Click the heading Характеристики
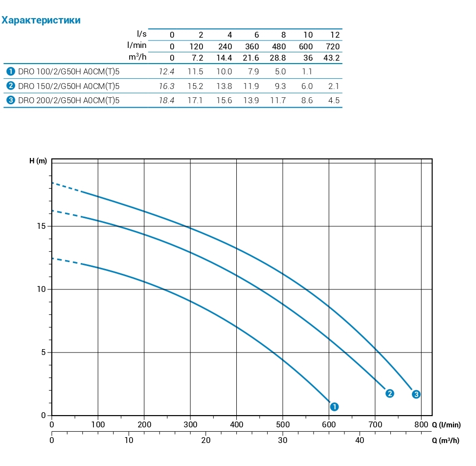pyautogui.click(x=41, y=21)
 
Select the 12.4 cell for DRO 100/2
pyautogui.click(x=167, y=71)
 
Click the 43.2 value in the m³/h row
pyautogui.click(x=332, y=58)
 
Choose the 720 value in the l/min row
pyautogui.click(x=333, y=47)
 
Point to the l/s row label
pyautogui.click(x=141, y=34)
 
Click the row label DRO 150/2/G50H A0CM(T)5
pyautogui.click(x=68, y=86)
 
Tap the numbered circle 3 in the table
pyautogui.click(x=10, y=101)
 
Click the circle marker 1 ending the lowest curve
pyautogui.click(x=335, y=406)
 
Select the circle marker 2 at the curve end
pyautogui.click(x=390, y=393)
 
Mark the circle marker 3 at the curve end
pyautogui.click(x=416, y=394)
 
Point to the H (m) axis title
pyautogui.click(x=38, y=161)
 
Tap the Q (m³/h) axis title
pyautogui.click(x=446, y=440)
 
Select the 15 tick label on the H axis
pyautogui.click(x=42, y=226)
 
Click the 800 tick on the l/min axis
pyautogui.click(x=421, y=425)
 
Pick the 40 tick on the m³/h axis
pyautogui.click(x=360, y=440)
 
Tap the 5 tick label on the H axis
pyautogui.click(x=44, y=353)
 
